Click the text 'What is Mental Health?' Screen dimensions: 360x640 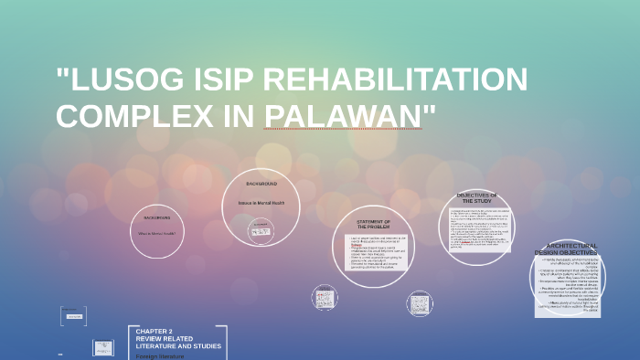click(x=156, y=234)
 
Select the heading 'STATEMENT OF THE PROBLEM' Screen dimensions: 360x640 click(x=373, y=224)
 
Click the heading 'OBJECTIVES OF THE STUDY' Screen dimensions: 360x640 click(x=476, y=197)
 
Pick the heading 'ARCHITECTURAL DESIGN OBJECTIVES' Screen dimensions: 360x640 click(x=571, y=249)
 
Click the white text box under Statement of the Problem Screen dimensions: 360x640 click(x=375, y=251)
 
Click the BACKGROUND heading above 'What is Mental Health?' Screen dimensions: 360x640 click(x=156, y=217)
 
